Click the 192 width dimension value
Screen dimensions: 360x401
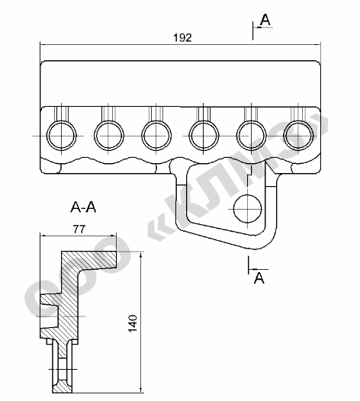182,38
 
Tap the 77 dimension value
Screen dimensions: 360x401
79,229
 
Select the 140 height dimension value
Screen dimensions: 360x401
133,323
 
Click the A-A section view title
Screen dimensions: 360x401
83,207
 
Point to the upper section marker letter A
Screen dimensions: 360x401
265,20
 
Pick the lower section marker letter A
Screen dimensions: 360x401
259,277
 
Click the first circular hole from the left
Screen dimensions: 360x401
62,135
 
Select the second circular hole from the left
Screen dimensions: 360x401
109,135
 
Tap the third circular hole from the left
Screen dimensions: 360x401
156,135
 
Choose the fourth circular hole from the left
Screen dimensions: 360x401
204,135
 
